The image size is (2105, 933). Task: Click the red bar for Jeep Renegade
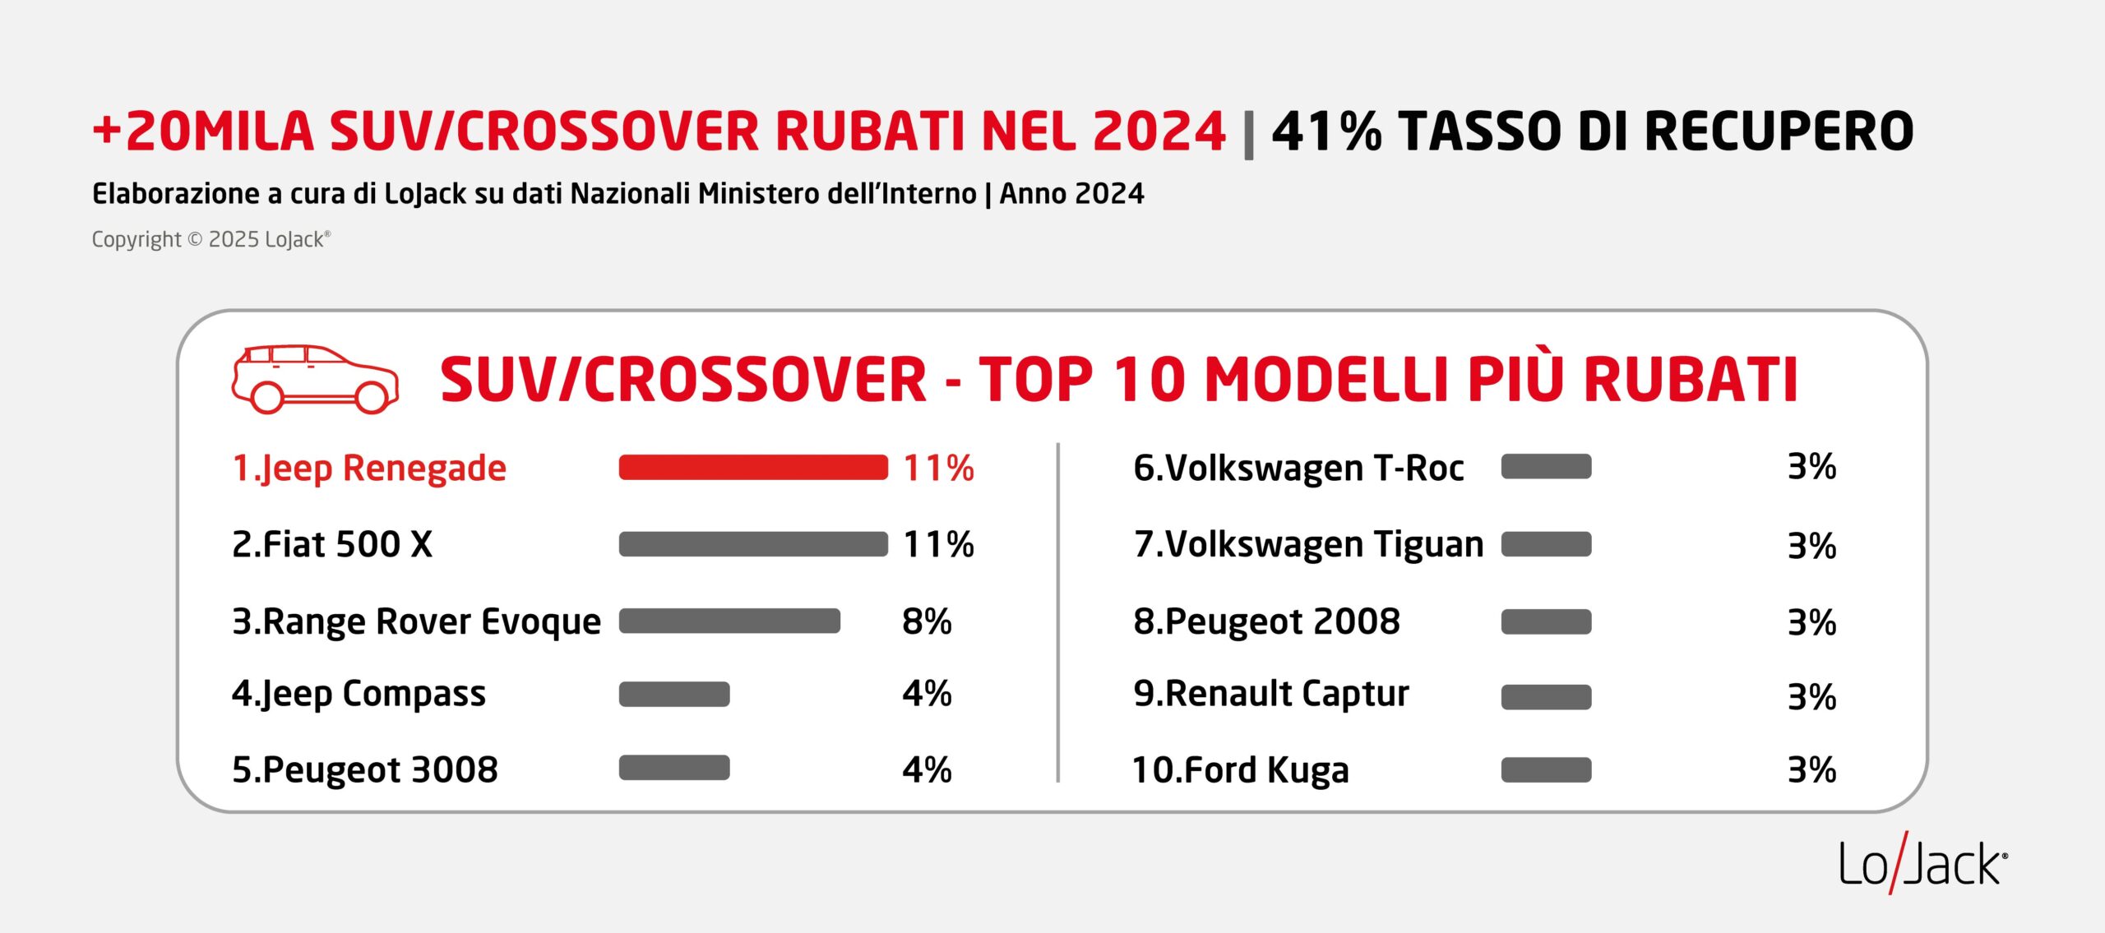753,467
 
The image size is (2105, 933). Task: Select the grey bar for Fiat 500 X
753,544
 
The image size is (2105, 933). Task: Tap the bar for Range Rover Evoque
729,621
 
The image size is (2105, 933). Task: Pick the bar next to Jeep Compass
674,695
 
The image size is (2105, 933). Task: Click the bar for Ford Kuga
1546,770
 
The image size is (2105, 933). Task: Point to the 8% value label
927,621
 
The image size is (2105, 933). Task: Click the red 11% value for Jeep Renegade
938,469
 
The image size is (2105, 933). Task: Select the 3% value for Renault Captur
1811,697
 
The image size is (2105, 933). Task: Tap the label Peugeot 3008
365,770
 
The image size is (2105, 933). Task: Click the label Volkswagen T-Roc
1298,468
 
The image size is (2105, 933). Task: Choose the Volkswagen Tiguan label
1308,544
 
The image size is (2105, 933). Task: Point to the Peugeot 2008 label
1266,621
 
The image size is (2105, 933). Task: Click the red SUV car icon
315,379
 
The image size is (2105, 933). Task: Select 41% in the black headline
1326,132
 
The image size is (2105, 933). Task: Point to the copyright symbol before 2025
195,239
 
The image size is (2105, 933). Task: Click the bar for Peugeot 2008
1546,622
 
